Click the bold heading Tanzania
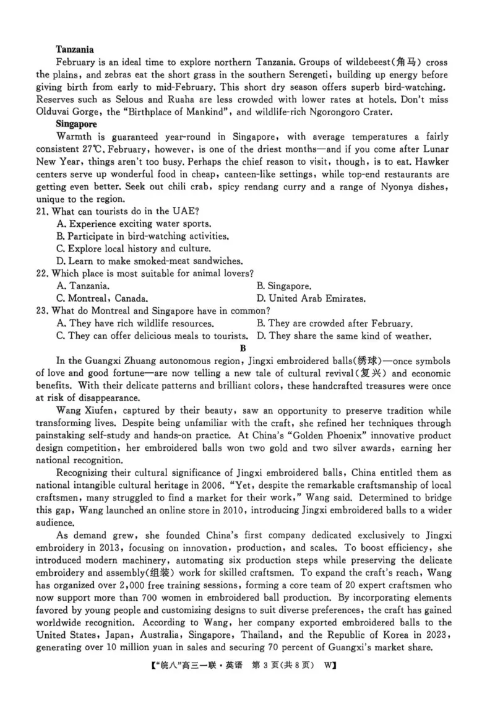click(x=74, y=49)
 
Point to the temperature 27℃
click(x=92, y=149)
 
